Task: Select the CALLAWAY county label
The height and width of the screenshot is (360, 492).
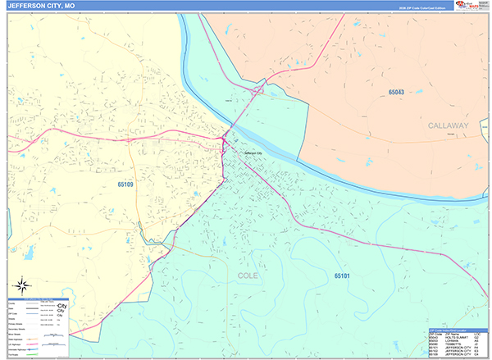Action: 447,125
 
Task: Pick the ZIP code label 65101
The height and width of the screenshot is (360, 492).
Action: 342,276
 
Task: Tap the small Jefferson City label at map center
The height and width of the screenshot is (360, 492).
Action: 252,153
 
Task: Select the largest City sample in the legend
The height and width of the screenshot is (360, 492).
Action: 61,305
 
